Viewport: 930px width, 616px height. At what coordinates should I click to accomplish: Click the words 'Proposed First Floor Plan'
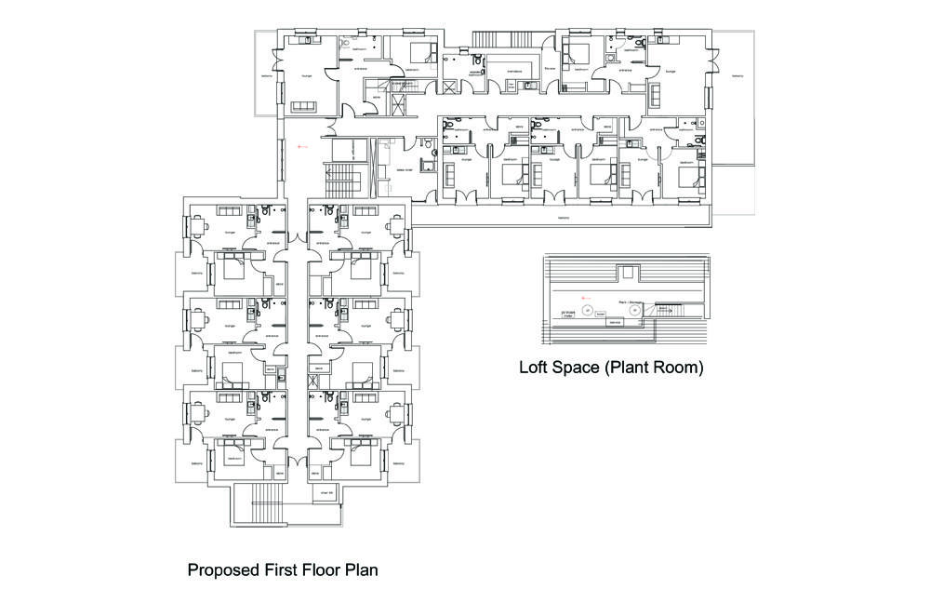click(283, 569)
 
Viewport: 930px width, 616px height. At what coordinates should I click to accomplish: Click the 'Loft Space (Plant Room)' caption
click(611, 368)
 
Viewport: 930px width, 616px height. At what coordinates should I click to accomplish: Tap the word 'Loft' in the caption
click(537, 368)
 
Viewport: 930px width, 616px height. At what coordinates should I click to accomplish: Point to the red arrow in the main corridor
click(300, 147)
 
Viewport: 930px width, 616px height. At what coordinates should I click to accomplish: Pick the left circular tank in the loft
click(587, 309)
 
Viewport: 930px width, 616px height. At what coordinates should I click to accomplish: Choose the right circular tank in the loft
click(636, 312)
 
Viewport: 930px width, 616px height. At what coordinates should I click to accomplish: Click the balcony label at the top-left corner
click(266, 76)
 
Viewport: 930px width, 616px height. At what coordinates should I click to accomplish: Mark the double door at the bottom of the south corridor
click(298, 462)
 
